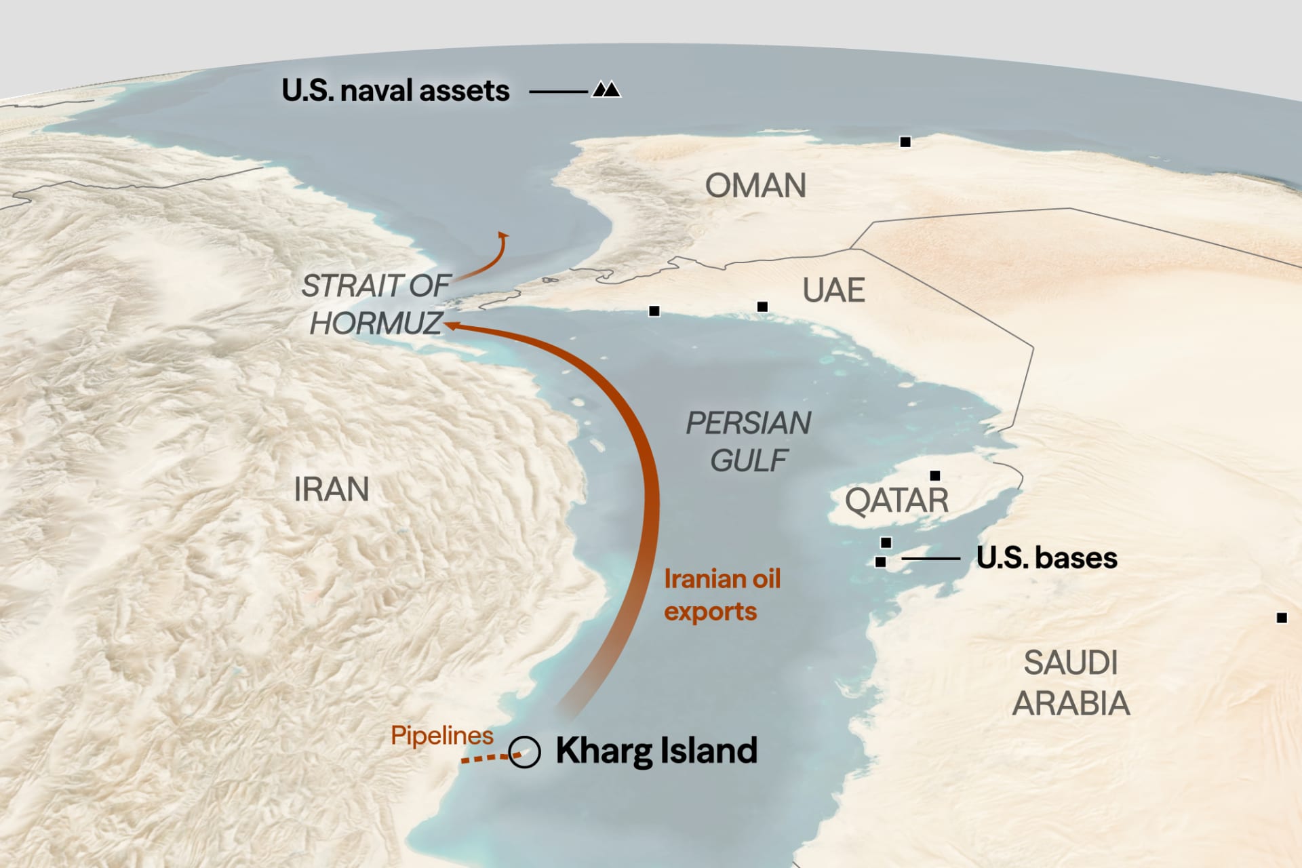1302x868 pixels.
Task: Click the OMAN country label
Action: click(755, 186)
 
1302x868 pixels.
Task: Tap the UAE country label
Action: click(833, 290)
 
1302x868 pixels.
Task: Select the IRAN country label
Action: click(332, 489)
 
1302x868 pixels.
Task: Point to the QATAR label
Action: click(896, 501)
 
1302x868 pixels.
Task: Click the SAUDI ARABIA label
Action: click(1071, 683)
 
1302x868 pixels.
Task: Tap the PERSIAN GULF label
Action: click(748, 441)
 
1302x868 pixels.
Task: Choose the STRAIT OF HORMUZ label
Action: click(375, 304)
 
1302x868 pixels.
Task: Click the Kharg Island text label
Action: click(656, 751)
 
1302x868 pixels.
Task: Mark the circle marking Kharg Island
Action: click(524, 752)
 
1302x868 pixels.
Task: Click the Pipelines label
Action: click(442, 735)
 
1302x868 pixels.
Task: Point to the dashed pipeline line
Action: click(486, 758)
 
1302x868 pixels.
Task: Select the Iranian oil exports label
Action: click(722, 595)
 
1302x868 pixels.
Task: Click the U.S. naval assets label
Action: click(395, 91)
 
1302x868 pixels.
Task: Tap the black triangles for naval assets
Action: click(606, 90)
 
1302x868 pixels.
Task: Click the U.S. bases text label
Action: click(1046, 558)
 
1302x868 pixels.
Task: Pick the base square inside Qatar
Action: click(935, 475)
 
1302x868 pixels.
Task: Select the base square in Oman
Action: click(905, 142)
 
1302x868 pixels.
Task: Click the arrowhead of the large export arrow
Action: click(451, 326)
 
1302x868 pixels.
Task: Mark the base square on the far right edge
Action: click(1282, 618)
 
